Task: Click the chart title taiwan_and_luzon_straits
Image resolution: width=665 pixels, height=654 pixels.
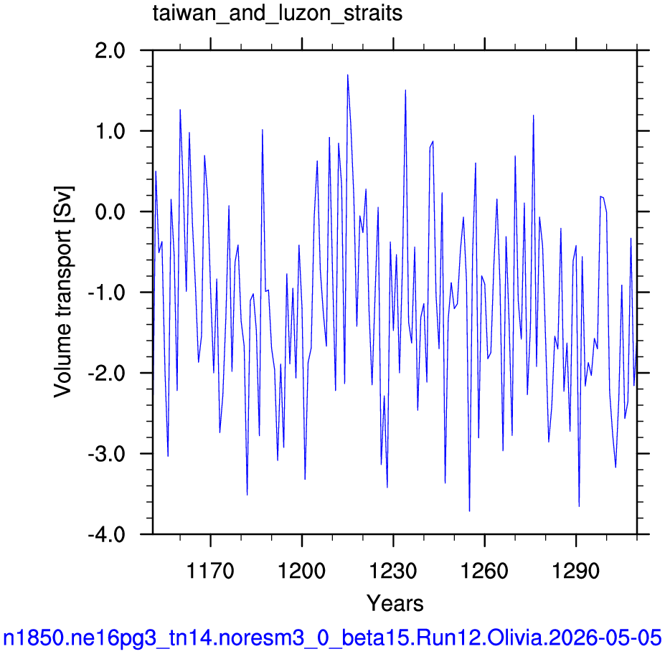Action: click(278, 13)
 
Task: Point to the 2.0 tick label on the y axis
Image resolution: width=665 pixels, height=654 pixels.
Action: click(110, 51)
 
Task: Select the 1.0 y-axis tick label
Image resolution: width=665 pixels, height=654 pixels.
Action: click(110, 131)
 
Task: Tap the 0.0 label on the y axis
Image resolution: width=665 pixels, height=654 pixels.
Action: click(110, 212)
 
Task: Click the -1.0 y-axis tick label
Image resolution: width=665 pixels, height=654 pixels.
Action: click(106, 293)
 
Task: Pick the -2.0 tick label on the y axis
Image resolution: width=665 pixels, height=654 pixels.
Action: click(106, 373)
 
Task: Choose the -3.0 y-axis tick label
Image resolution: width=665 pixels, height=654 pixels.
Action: click(106, 454)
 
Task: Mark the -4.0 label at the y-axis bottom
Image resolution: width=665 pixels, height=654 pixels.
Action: click(106, 534)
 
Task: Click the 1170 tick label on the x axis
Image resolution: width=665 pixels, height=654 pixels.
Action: click(210, 571)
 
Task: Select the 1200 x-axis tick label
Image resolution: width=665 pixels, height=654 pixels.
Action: click(301, 571)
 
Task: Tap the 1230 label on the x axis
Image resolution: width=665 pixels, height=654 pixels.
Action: click(393, 571)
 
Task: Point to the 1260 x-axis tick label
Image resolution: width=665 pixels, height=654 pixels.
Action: click(484, 571)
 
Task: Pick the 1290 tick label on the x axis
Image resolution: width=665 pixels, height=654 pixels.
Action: click(576, 571)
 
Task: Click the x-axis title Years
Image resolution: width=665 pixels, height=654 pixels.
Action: click(395, 603)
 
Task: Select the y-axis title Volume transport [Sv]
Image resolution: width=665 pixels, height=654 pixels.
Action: click(64, 292)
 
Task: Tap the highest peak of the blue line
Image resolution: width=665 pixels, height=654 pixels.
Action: click(348, 75)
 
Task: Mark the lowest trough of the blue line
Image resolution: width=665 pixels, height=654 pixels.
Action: click(469, 511)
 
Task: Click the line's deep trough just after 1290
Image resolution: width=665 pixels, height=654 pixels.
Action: click(579, 506)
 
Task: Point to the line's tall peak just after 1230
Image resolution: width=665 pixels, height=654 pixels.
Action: click(405, 90)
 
